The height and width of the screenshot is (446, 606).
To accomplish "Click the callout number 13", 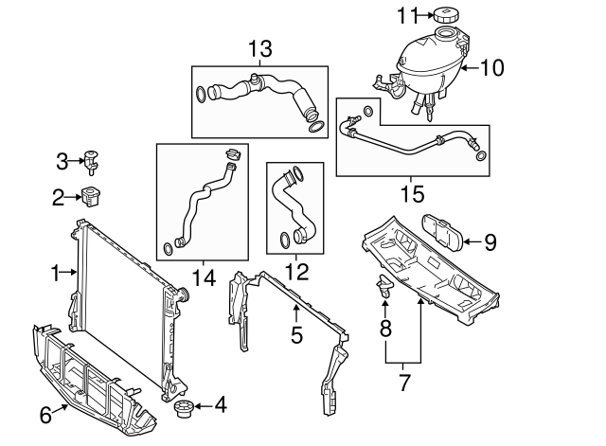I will [x=259, y=48].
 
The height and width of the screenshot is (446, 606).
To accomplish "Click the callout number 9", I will [x=490, y=242].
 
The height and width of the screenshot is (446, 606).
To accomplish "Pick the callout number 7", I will [x=403, y=383].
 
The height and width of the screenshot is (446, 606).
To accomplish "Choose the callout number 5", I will [x=295, y=333].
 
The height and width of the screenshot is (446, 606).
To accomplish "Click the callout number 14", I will [x=203, y=278].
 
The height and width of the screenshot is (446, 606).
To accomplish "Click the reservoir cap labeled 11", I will [x=444, y=15].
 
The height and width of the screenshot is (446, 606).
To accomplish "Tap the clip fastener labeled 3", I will [x=93, y=160].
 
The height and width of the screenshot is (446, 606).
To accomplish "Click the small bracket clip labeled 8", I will [x=384, y=287].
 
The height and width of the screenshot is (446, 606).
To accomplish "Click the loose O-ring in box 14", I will [x=167, y=248].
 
